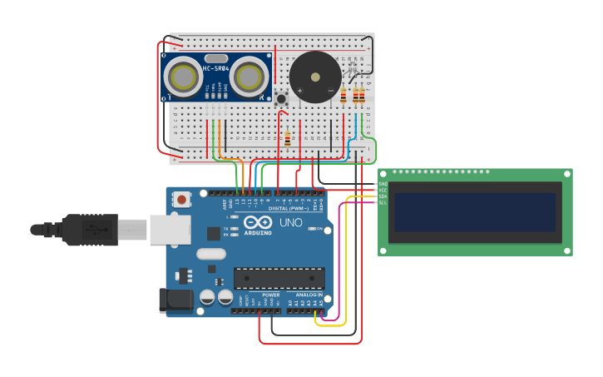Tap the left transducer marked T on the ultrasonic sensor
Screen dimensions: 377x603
tap(182, 77)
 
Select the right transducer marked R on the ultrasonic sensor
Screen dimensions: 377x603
tap(249, 77)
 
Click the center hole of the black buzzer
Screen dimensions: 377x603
tap(315, 77)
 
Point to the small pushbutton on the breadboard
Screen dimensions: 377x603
tap(281, 99)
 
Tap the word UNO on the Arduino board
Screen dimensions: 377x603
tap(290, 223)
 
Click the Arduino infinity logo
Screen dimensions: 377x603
tap(258, 223)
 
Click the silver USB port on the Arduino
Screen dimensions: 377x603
tap(170, 230)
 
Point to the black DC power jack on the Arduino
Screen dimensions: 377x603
tap(174, 300)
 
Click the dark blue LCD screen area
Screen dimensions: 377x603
tap(475, 212)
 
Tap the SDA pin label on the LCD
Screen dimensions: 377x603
tap(383, 196)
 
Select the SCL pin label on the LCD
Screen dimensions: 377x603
tap(383, 202)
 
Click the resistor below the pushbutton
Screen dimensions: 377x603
tap(288, 138)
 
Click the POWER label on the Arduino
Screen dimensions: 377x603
tap(271, 295)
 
